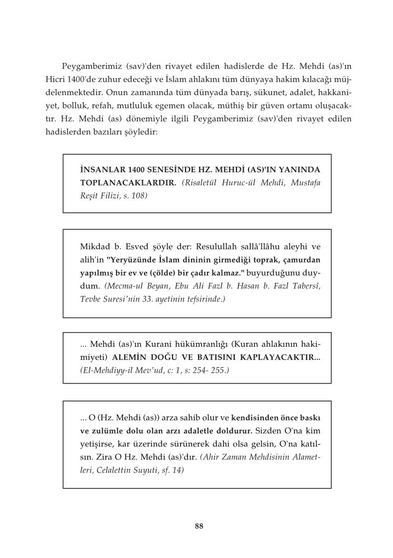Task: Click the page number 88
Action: [199, 526]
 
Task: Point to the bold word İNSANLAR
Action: [100, 170]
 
